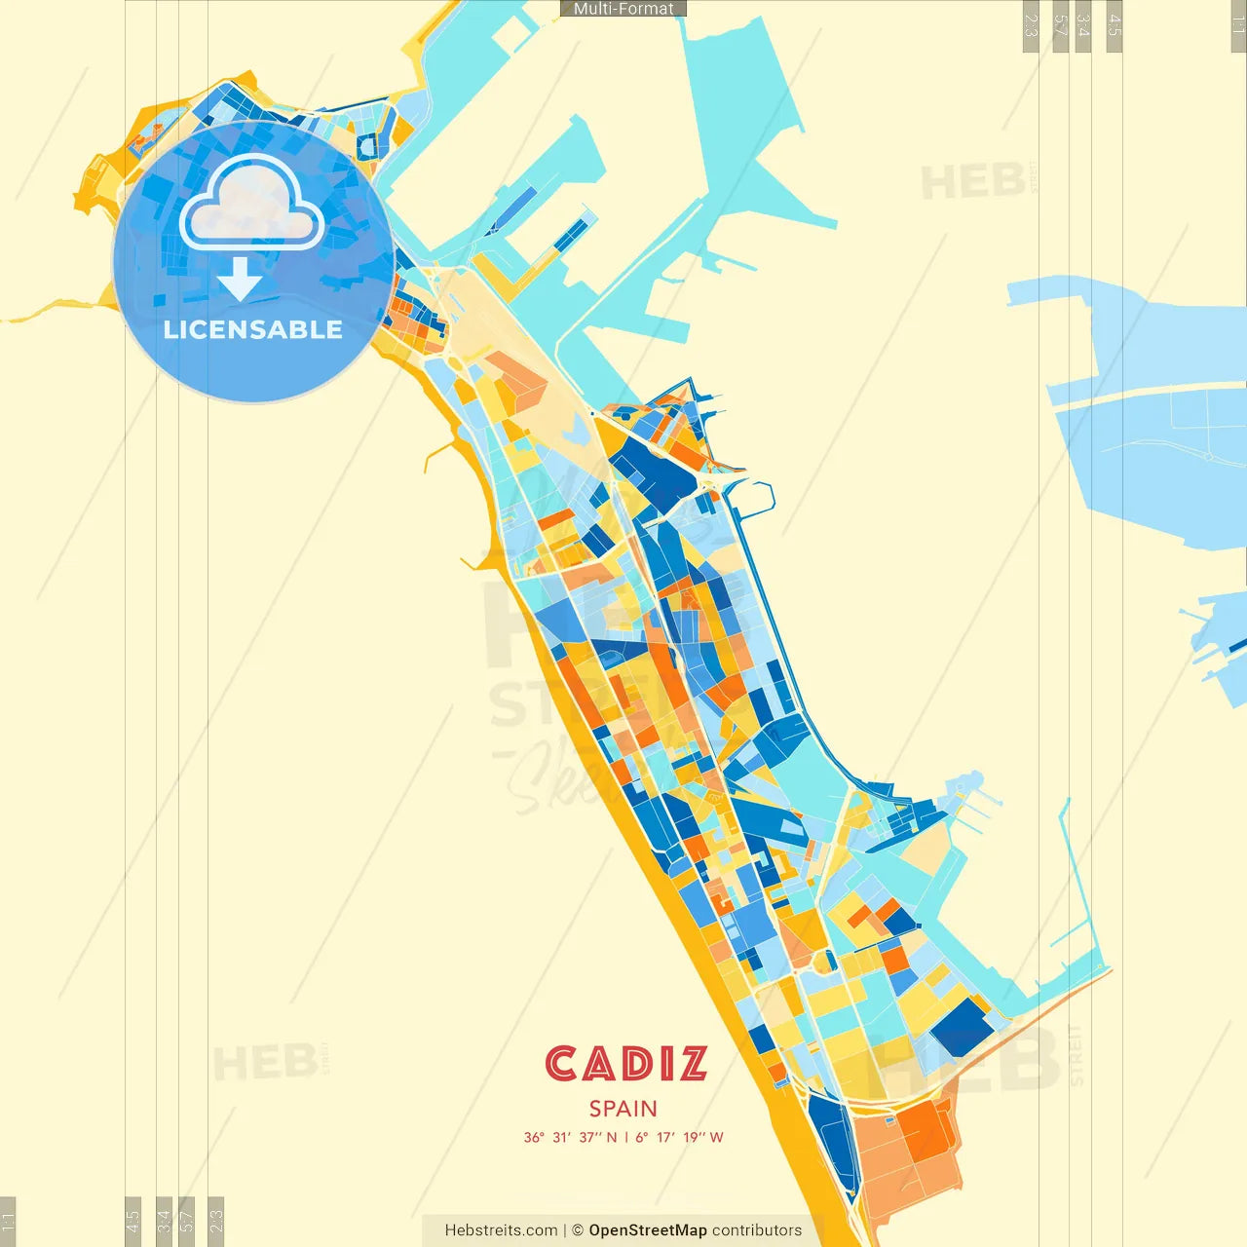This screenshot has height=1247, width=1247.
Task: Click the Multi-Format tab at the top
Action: [x=623, y=9]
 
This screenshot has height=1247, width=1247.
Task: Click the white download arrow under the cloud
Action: [x=240, y=280]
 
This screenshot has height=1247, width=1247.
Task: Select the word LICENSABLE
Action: [x=253, y=329]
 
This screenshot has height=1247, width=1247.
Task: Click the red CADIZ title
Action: [x=625, y=1064]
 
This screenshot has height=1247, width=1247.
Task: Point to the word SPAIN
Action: [x=623, y=1109]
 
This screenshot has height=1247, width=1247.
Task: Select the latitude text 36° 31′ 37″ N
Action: [x=571, y=1137]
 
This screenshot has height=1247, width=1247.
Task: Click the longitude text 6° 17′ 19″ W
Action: [x=679, y=1137]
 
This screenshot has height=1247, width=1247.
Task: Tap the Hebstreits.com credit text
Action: [x=501, y=1230]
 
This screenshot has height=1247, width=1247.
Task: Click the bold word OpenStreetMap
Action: [x=648, y=1230]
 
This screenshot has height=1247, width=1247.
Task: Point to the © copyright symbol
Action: [x=578, y=1230]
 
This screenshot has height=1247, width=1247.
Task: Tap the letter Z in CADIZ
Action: [x=693, y=1064]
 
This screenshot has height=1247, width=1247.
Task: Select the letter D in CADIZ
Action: [x=638, y=1064]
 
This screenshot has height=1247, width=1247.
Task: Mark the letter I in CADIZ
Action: [x=666, y=1064]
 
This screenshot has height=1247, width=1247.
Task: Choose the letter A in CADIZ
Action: [x=600, y=1064]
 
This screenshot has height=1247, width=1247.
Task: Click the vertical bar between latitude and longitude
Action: [x=626, y=1137]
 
